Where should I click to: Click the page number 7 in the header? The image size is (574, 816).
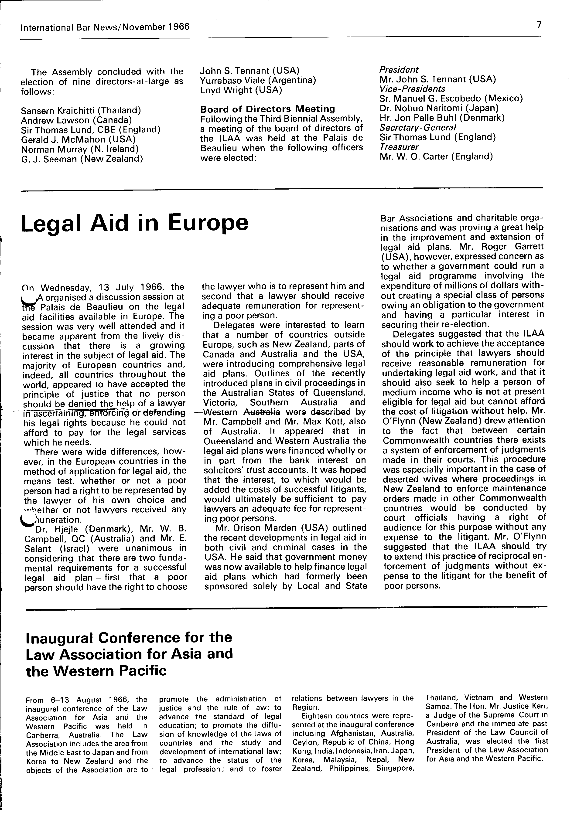coord(539,25)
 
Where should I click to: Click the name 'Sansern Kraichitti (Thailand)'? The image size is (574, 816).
coord(81,111)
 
